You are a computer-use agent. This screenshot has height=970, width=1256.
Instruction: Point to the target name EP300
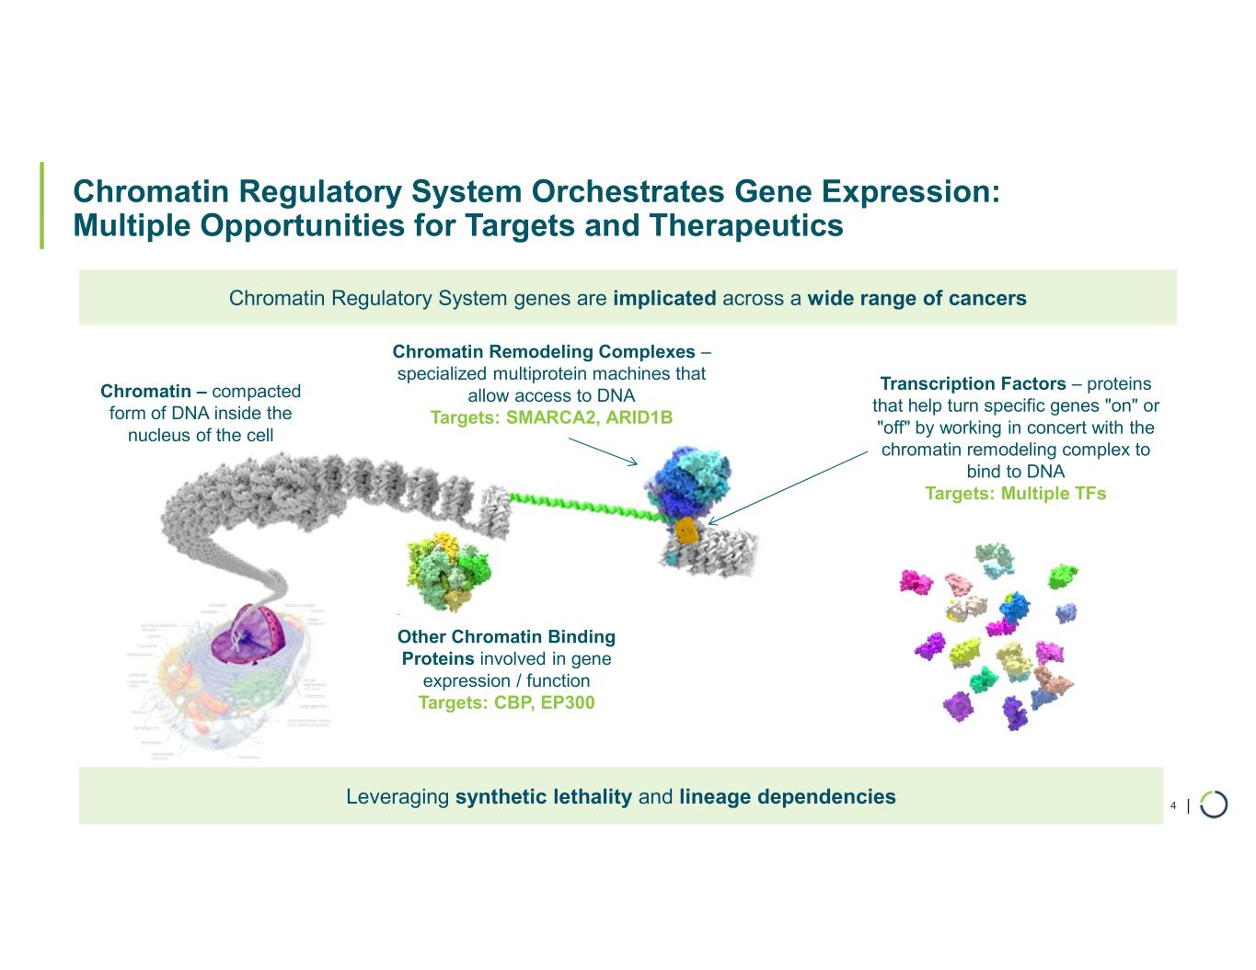pos(567,702)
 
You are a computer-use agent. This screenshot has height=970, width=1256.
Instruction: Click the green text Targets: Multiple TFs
pos(1015,494)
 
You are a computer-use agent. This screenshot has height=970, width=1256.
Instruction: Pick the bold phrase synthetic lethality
pos(543,796)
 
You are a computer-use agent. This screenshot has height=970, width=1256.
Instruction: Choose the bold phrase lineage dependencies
pos(787,796)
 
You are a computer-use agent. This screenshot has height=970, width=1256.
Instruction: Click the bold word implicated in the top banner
pos(663,298)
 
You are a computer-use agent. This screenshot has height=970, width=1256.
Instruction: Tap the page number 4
pos(1172,806)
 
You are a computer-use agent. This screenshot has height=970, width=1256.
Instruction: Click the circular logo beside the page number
pos(1214,804)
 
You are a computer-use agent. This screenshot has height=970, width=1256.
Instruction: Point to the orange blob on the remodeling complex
pos(686,530)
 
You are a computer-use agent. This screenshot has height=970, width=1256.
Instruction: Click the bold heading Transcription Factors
pos(973,383)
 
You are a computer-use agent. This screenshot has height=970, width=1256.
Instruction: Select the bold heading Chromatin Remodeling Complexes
pos(544,351)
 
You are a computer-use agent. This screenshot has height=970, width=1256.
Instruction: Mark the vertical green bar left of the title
pos(41,206)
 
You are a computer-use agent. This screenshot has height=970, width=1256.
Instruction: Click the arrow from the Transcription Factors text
pos(787,487)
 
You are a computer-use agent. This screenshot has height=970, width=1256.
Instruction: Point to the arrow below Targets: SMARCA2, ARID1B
pos(603,451)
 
